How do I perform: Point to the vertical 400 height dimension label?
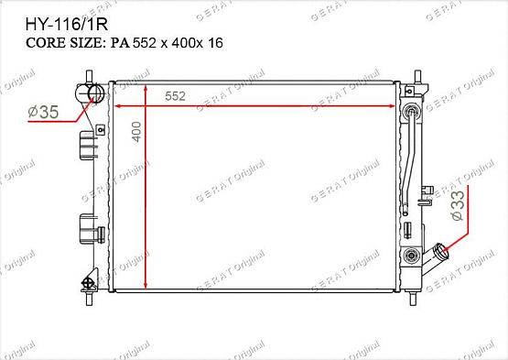click(x=136, y=132)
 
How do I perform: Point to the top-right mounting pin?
click(x=417, y=75)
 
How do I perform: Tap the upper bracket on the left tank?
click(x=88, y=145)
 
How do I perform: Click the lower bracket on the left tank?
click(x=88, y=225)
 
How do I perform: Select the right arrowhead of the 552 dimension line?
click(x=397, y=106)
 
